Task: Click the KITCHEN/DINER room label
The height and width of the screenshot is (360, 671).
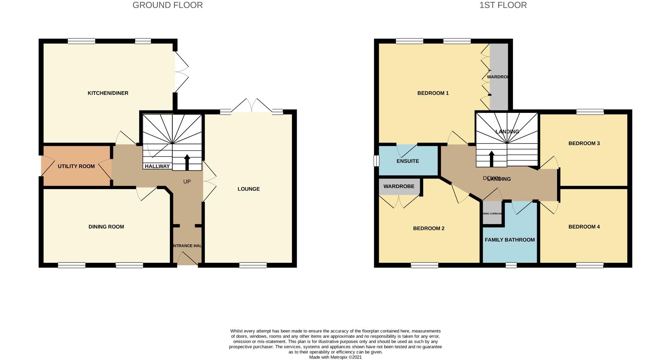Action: [x=108, y=93]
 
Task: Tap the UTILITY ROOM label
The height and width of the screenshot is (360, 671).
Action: [x=76, y=166]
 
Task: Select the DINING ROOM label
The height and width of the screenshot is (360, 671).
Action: [x=106, y=226]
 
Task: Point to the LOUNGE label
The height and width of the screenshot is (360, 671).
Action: [x=248, y=189]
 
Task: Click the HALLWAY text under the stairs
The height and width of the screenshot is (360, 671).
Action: [x=157, y=166]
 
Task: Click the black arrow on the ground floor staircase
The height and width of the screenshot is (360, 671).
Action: [x=187, y=162]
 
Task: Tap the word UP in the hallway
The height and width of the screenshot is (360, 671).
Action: [x=187, y=182]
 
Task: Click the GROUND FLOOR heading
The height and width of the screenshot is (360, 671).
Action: [x=167, y=5]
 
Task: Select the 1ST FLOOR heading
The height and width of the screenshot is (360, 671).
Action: [x=503, y=5]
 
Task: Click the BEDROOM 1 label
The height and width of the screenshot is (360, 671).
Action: [x=433, y=93]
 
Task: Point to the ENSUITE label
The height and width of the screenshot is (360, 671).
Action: [x=407, y=161]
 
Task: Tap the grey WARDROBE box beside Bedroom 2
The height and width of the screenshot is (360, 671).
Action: [x=399, y=187]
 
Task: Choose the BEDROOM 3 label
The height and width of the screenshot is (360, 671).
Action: [x=584, y=143]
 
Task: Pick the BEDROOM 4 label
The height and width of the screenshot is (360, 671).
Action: [x=584, y=226]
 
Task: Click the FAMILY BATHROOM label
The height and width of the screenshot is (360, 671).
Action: [x=510, y=240]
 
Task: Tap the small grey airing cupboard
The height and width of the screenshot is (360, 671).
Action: [x=492, y=213]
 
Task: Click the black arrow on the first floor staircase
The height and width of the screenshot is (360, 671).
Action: [x=492, y=158]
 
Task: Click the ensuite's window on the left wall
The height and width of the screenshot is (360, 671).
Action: [x=376, y=161]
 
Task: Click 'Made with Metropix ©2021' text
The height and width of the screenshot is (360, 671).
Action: [x=335, y=357]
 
